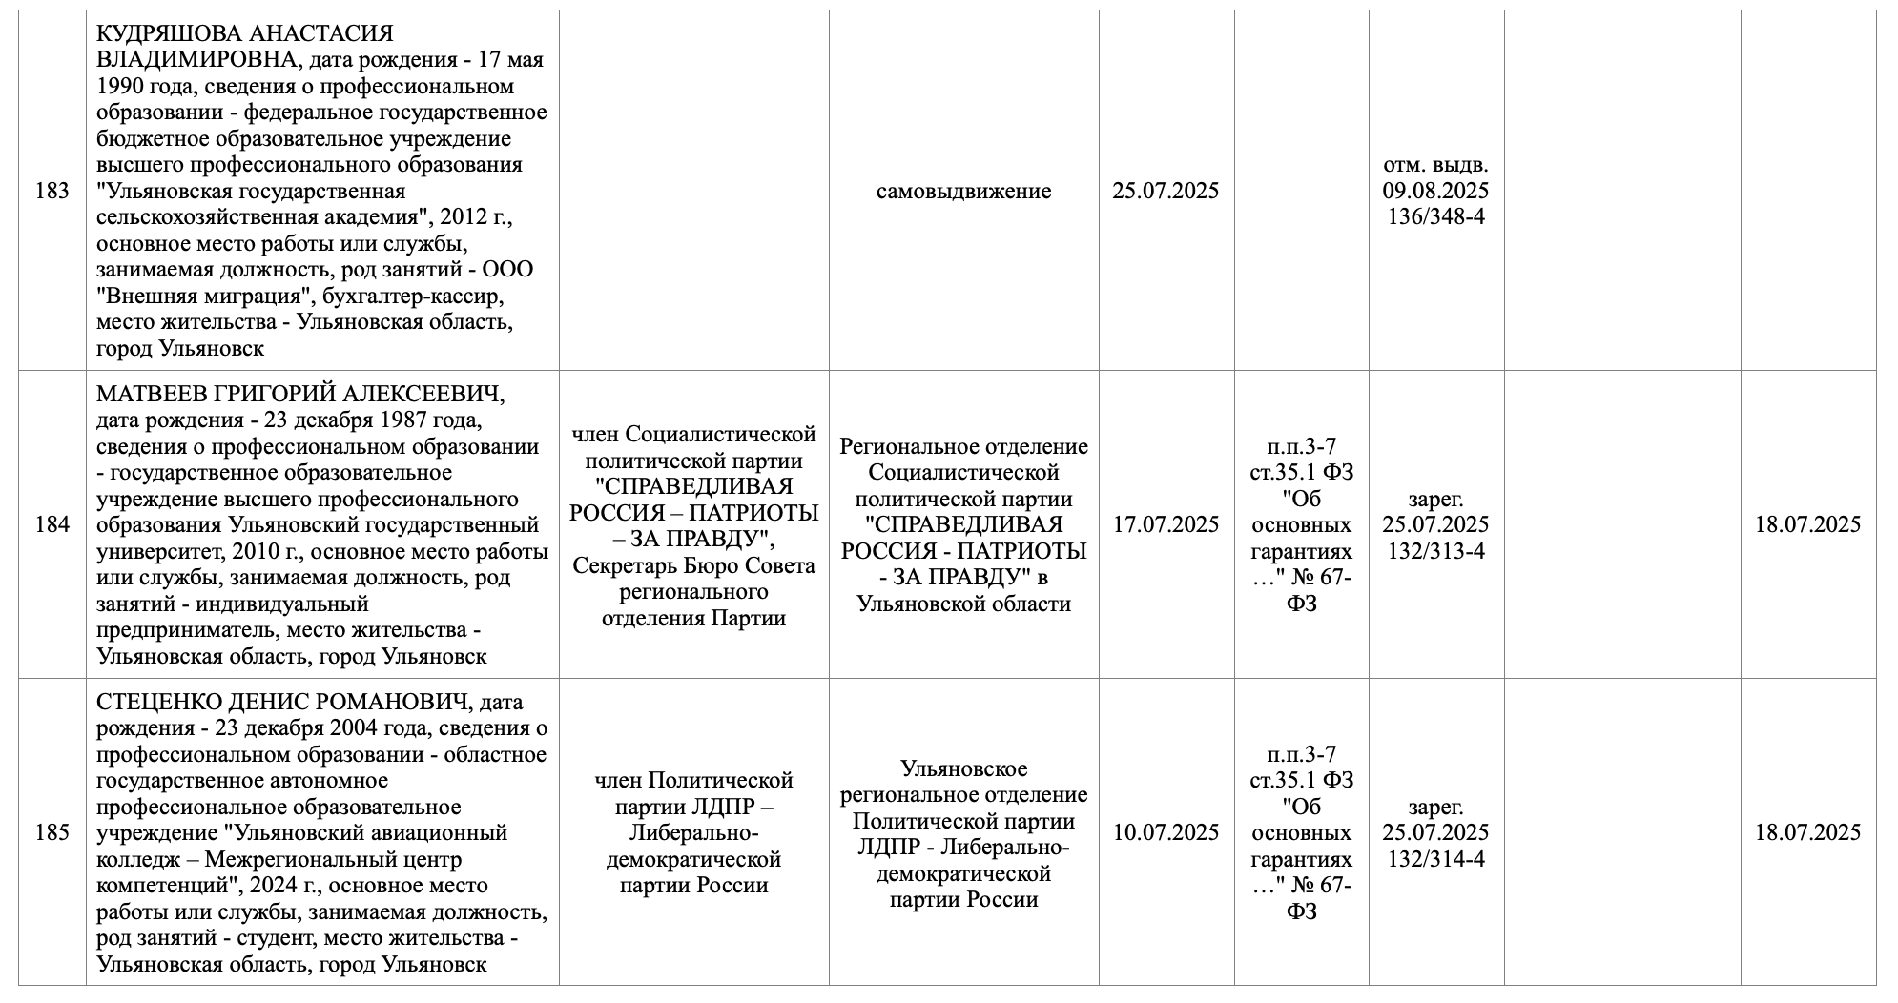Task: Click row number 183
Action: click(x=52, y=191)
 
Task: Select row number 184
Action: click(x=52, y=524)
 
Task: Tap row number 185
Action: click(x=52, y=832)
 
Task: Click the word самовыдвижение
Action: click(x=963, y=191)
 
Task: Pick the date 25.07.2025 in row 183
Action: click(x=1166, y=191)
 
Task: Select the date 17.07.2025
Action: click(x=1166, y=524)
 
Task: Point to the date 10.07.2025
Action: click(x=1166, y=832)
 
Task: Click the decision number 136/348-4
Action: click(x=1435, y=216)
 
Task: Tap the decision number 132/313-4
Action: click(x=1435, y=551)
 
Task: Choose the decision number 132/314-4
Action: click(x=1435, y=859)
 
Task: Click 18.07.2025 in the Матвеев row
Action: click(x=1807, y=524)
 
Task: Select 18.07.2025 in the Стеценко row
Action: click(x=1807, y=832)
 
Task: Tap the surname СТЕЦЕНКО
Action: click(x=156, y=703)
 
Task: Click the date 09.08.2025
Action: click(x=1435, y=191)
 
